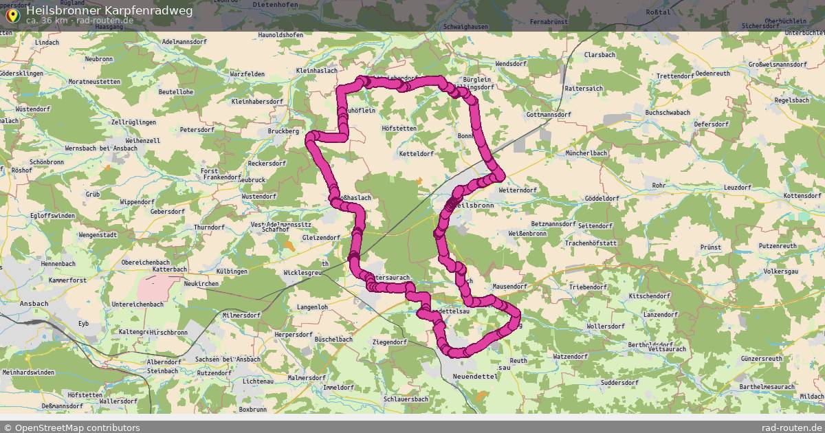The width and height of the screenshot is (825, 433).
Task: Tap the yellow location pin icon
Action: click(x=12, y=14)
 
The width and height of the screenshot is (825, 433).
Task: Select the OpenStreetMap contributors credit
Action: click(x=71, y=428)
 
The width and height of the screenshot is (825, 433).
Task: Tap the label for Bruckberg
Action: click(x=283, y=130)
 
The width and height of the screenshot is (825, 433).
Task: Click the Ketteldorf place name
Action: click(x=416, y=153)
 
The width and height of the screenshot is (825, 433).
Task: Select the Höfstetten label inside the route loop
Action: click(x=399, y=128)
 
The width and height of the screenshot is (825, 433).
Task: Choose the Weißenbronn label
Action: click(x=527, y=234)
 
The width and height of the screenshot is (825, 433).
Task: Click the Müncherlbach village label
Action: click(x=586, y=153)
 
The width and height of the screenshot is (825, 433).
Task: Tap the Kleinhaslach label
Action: click(x=316, y=71)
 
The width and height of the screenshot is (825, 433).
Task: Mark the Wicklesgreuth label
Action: click(x=303, y=273)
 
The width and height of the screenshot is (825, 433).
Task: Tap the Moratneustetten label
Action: click(x=95, y=82)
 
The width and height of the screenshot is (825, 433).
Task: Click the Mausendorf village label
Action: click(x=509, y=286)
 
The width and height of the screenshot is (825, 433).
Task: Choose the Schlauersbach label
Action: click(x=406, y=399)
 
